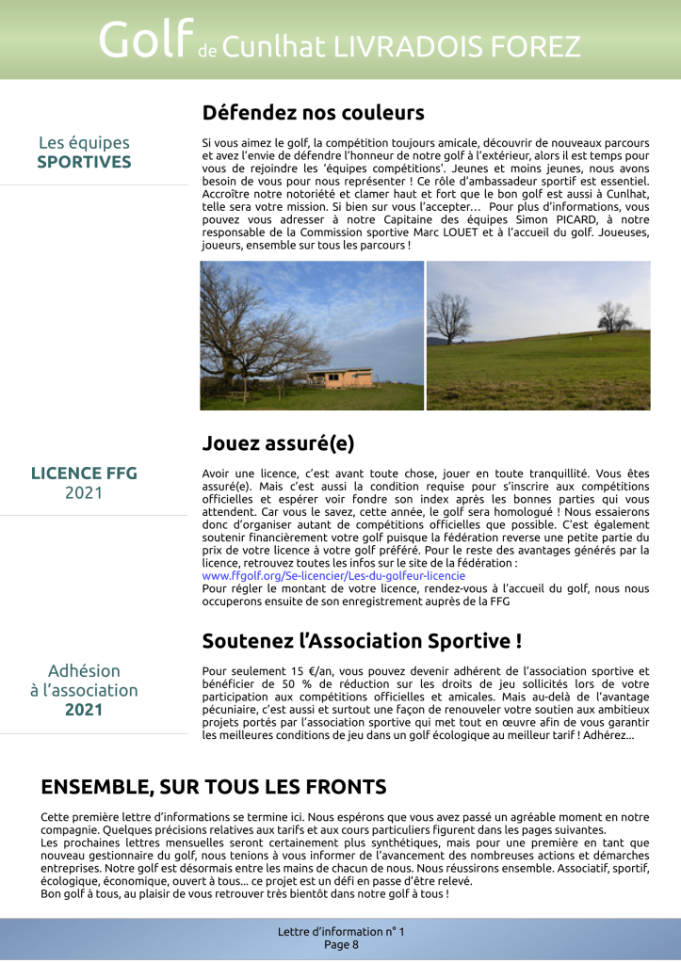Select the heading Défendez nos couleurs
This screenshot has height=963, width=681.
coord(313,113)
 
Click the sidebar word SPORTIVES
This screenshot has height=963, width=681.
coord(84,162)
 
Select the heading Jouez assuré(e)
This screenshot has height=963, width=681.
coord(278,442)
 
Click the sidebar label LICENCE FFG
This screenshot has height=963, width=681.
coord(84,473)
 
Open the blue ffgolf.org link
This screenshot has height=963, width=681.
coord(333,574)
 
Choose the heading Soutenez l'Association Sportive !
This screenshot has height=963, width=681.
coord(362,641)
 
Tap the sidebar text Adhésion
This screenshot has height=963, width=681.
coord(84,671)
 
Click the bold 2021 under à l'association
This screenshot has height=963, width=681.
coord(84,710)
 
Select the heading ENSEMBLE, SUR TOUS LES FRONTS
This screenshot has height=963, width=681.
coord(214,787)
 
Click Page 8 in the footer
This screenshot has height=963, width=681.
coord(341,944)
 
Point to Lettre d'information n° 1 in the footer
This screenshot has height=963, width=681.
coord(341,931)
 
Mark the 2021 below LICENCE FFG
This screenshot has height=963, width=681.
coord(84,492)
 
